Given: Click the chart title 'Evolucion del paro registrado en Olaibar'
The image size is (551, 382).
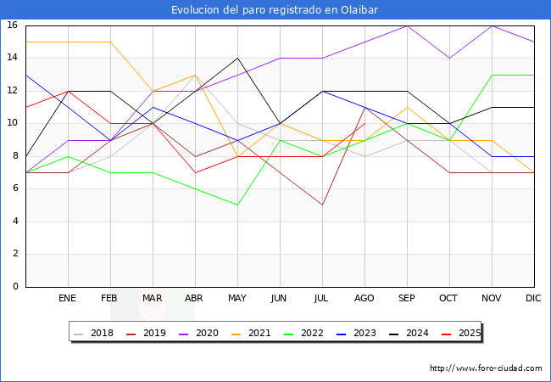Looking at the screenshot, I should tap(275, 10).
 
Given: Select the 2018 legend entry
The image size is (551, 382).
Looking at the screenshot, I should tap(96, 333).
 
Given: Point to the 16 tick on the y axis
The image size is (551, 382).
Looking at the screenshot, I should tap(13, 25).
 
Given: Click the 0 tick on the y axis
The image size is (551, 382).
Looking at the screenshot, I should tap(15, 287).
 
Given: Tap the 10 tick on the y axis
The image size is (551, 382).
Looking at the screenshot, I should tap(13, 123).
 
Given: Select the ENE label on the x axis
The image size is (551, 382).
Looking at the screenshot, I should tap(68, 299).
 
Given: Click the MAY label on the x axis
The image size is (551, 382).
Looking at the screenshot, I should tap(237, 299).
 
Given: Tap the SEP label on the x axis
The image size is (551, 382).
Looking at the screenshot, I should tap(407, 299).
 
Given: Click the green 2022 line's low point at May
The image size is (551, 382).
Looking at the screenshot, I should tap(237, 205).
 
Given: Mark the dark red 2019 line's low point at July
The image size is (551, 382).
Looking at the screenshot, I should tap(322, 205).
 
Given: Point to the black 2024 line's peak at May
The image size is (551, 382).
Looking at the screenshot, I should tap(237, 58).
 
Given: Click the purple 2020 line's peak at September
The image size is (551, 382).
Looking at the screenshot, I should tap(407, 25).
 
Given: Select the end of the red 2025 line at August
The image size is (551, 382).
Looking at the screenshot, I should tap(365, 123).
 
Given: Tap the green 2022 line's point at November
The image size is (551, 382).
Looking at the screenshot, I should tap(492, 75).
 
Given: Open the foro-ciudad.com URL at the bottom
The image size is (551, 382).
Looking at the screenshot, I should tap(486, 368).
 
